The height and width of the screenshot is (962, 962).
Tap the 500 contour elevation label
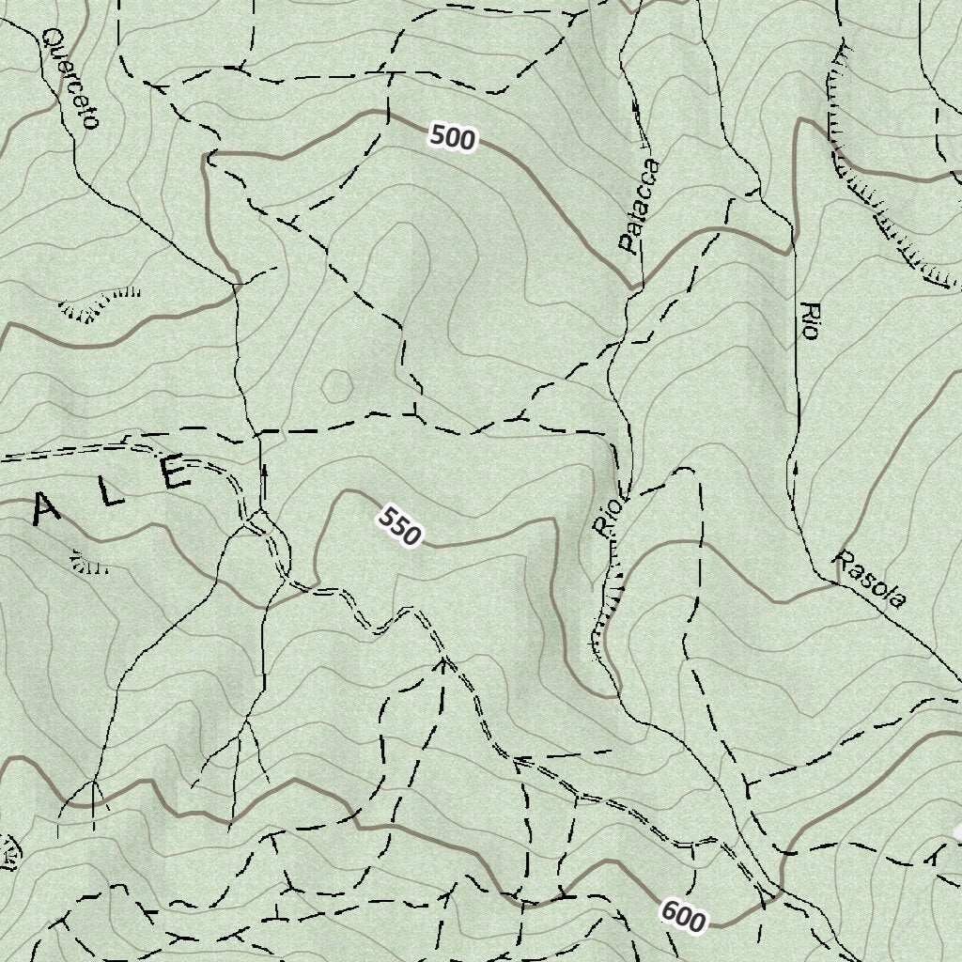(453, 138)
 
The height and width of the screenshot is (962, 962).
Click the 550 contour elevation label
(400, 526)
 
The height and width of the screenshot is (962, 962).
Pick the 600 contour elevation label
(682, 915)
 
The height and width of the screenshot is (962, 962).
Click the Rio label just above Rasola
(808, 320)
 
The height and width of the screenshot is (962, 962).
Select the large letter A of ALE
(48, 512)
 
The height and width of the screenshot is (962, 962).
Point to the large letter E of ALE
(176, 473)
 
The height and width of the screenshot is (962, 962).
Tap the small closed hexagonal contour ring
(336, 384)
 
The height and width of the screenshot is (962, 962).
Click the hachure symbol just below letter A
(89, 564)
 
